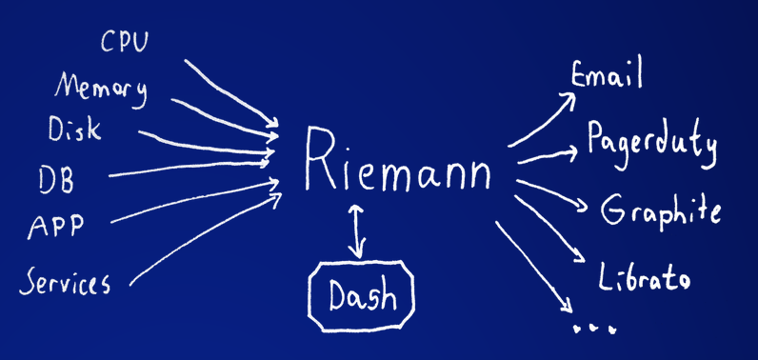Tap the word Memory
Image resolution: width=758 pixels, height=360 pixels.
click(101, 88)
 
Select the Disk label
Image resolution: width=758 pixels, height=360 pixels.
click(72, 130)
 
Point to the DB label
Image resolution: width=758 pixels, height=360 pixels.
click(56, 178)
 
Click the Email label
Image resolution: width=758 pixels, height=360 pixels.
click(607, 73)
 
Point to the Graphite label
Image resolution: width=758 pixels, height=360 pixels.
click(660, 210)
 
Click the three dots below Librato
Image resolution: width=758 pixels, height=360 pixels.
click(594, 328)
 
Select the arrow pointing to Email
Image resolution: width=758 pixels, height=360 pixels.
click(543, 119)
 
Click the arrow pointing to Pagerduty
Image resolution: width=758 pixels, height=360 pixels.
click(548, 155)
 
